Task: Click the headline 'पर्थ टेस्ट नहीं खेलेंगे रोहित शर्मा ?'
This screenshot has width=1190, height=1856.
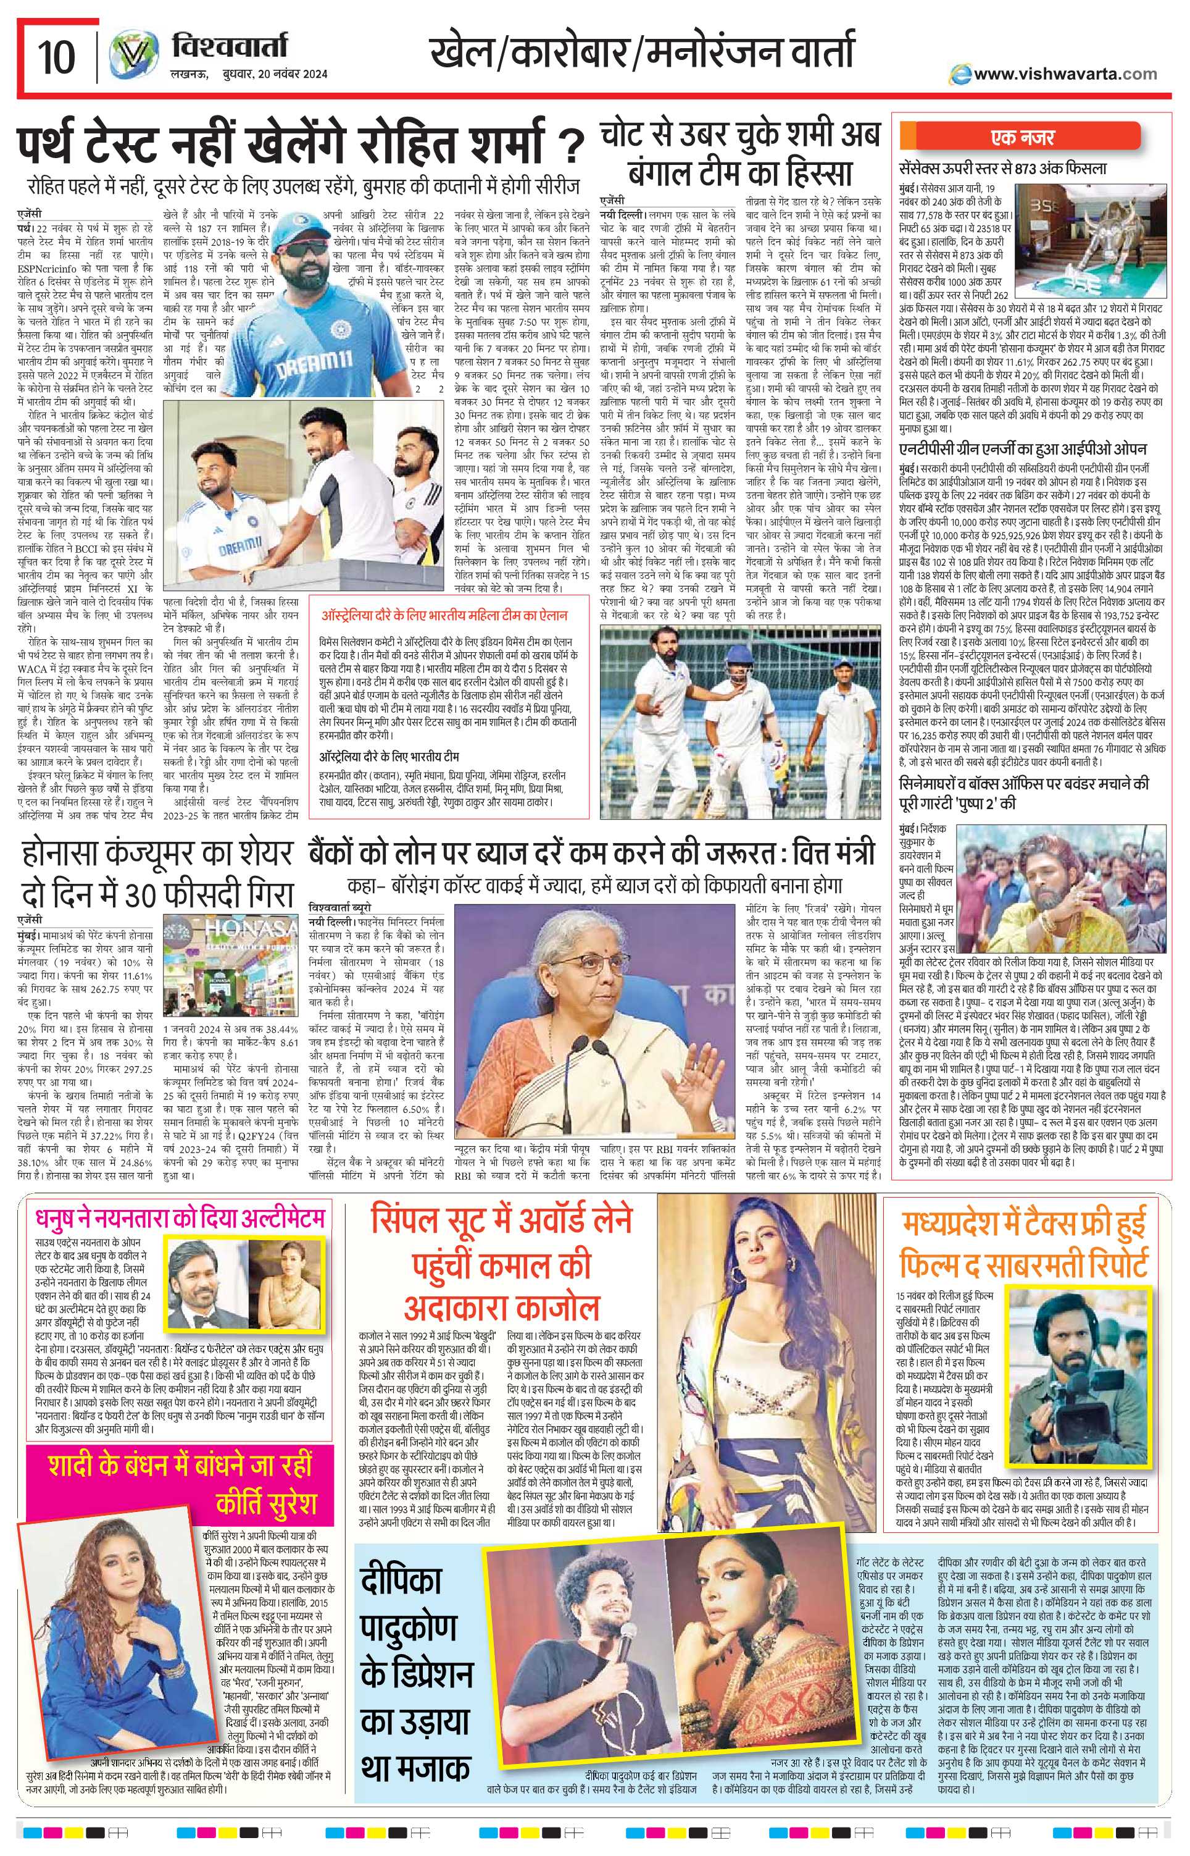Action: click(x=301, y=147)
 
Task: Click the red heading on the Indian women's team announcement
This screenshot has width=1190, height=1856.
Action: click(x=445, y=616)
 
